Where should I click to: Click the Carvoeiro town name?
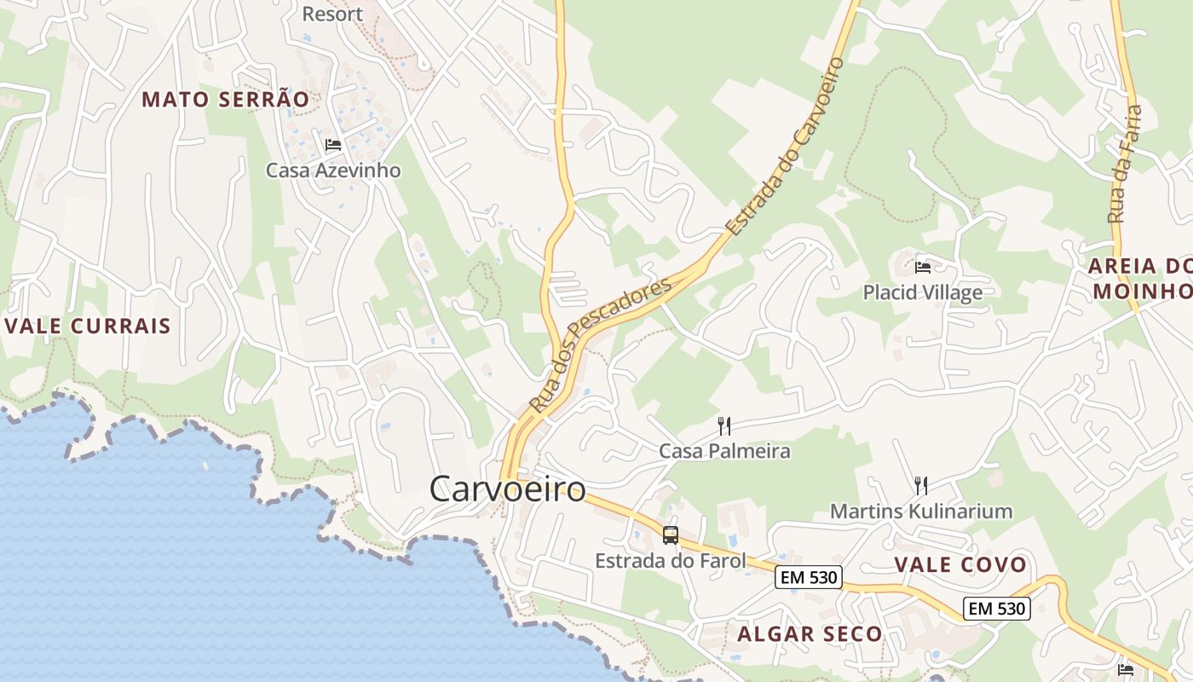(x=508, y=489)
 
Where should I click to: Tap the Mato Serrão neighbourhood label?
(x=225, y=99)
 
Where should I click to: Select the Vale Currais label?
(x=88, y=326)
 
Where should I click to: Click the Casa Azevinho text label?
(x=333, y=170)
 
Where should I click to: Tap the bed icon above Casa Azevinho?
(x=333, y=145)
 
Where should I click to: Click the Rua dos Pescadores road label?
(x=600, y=344)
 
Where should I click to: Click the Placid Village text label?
(x=922, y=292)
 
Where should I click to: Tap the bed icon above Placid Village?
(x=922, y=268)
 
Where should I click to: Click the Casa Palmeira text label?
(x=724, y=451)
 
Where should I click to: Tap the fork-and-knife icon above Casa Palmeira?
(x=724, y=425)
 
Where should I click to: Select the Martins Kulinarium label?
(x=921, y=511)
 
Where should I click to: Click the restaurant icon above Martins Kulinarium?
(x=920, y=486)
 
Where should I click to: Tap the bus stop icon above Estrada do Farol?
(x=671, y=535)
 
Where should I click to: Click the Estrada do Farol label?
(x=670, y=561)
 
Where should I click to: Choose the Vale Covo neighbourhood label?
(x=960, y=564)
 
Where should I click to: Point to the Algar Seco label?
(x=810, y=633)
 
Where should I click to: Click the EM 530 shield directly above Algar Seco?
(x=809, y=578)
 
